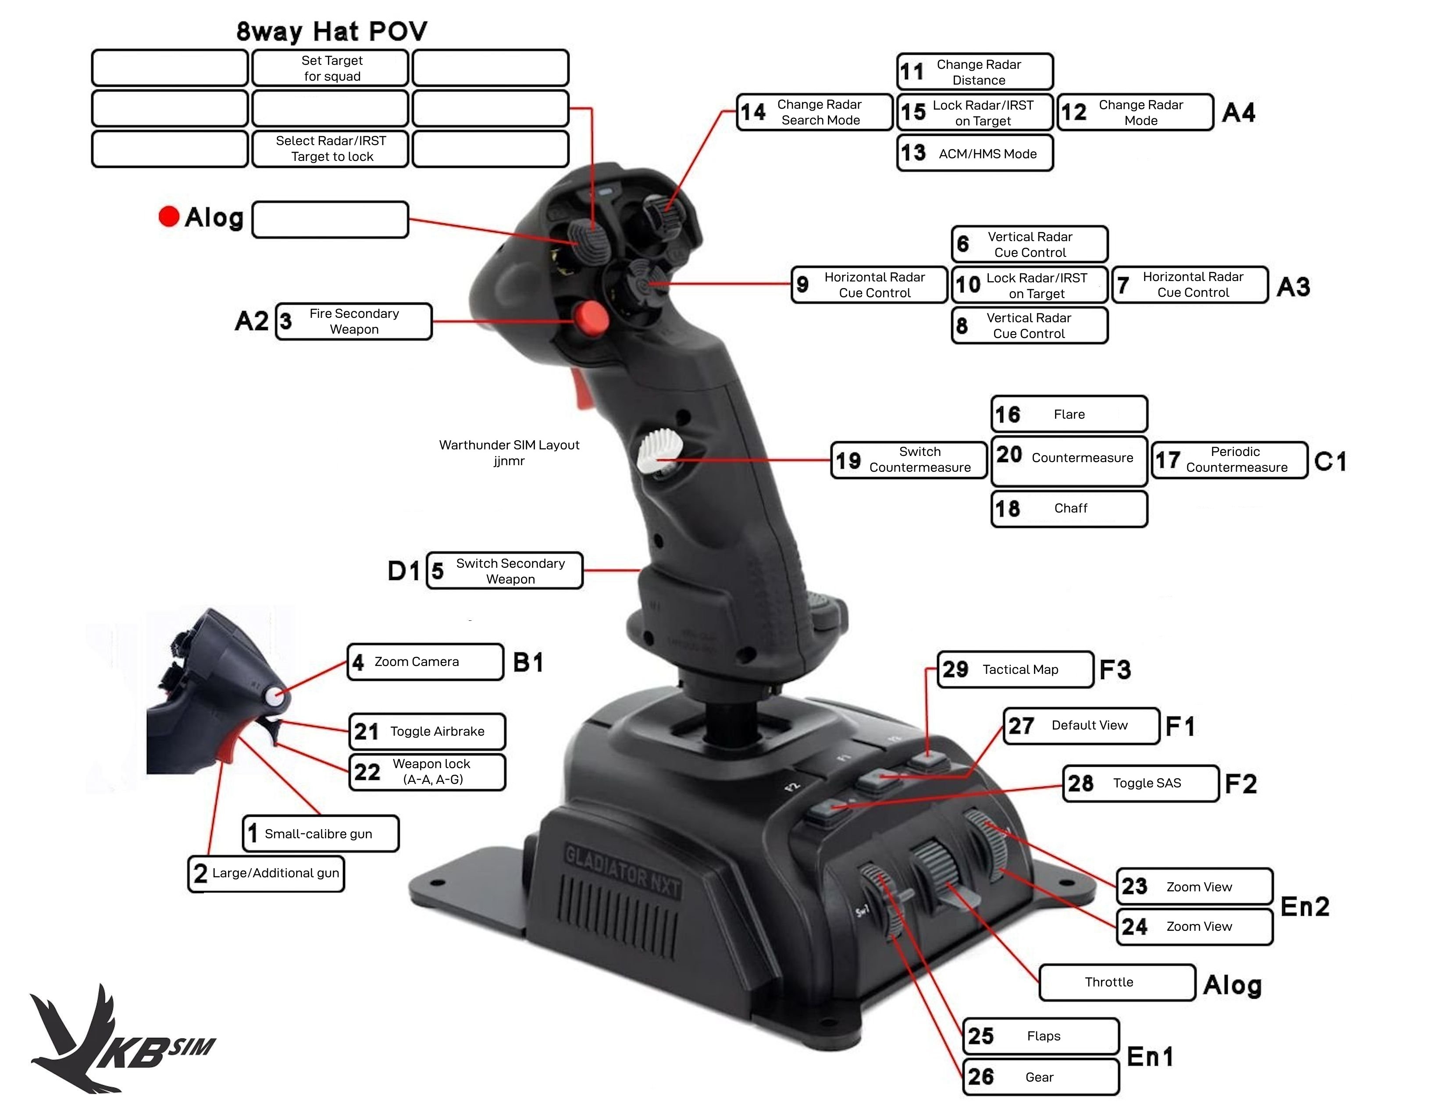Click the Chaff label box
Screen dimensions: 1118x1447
tap(1069, 509)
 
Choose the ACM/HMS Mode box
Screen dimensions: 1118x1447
tap(975, 153)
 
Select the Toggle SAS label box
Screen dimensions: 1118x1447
tap(1140, 783)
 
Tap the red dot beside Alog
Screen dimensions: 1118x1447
tap(169, 216)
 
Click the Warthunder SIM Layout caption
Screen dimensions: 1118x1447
tap(509, 452)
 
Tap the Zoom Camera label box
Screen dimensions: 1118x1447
tap(425, 662)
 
